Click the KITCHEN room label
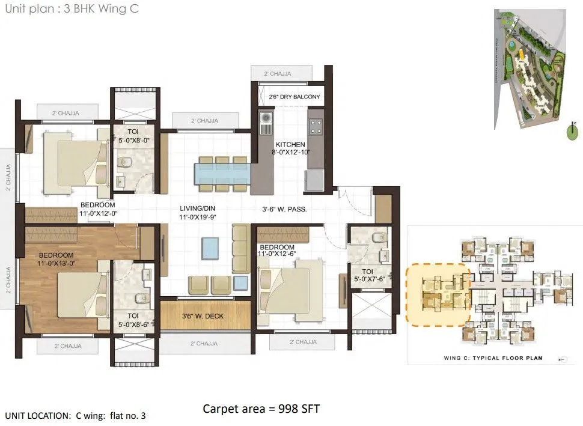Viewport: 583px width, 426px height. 290,145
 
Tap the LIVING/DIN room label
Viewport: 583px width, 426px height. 197,209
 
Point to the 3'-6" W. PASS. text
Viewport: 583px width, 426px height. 285,210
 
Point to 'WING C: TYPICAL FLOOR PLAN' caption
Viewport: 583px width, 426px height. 488,358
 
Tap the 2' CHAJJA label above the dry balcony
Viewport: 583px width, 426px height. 277,74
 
